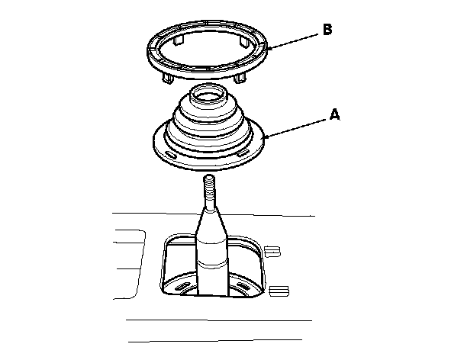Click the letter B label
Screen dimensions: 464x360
(x=327, y=30)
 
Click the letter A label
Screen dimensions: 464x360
(x=334, y=114)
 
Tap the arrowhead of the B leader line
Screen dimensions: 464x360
(x=268, y=48)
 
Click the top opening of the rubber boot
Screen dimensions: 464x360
(x=208, y=95)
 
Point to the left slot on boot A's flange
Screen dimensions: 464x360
(x=170, y=154)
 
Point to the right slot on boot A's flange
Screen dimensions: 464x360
(x=243, y=153)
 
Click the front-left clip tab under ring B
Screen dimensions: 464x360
(x=167, y=78)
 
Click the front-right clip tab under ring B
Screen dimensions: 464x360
(x=240, y=78)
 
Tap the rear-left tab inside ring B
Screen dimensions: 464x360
(x=179, y=40)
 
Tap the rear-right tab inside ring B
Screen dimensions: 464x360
(x=244, y=41)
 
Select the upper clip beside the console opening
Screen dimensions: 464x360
(x=272, y=252)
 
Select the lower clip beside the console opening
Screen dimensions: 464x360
(x=279, y=291)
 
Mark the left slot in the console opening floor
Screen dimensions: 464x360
(x=183, y=287)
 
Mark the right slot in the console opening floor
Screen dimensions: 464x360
(x=243, y=286)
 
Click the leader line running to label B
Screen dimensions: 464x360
(x=292, y=41)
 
